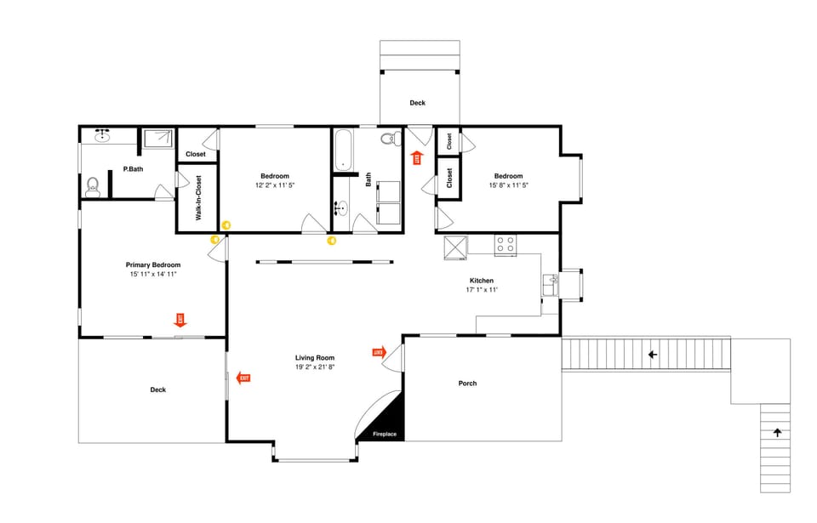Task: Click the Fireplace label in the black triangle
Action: (385, 435)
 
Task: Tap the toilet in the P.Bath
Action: (94, 186)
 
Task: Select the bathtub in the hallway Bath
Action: (343, 149)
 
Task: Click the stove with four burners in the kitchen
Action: (506, 245)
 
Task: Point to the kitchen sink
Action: (551, 284)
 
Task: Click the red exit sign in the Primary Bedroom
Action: (180, 320)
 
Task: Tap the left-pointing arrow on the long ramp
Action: (653, 355)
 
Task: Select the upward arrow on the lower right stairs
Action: (777, 433)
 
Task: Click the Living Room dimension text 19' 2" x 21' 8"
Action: (315, 367)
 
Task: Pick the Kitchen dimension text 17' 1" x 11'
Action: (481, 290)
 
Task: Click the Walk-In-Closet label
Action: (198, 198)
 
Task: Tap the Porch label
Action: (467, 384)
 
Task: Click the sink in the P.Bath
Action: (104, 135)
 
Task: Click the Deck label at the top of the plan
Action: (417, 103)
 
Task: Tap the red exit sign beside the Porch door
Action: (379, 351)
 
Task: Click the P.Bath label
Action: (132, 169)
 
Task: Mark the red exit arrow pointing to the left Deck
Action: (243, 378)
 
